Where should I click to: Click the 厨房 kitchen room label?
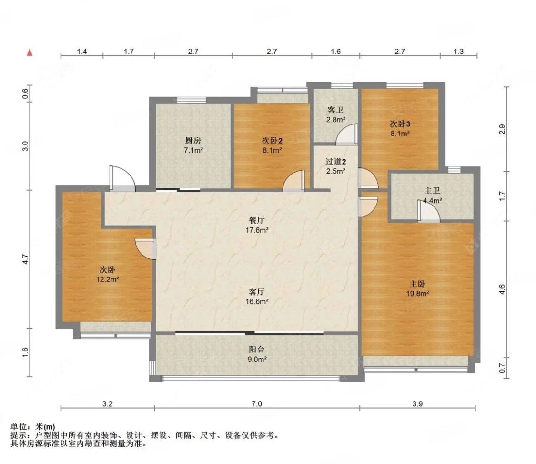(193, 140)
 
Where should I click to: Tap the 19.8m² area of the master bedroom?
(417, 293)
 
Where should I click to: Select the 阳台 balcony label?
(257, 350)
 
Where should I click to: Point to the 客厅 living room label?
(257, 292)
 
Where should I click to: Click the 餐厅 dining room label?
(257, 220)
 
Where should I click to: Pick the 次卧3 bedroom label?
(400, 124)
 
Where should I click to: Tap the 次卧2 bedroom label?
(272, 140)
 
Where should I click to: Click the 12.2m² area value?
(107, 279)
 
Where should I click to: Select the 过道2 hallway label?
(336, 161)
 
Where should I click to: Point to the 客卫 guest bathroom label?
(335, 110)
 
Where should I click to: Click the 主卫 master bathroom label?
(432, 191)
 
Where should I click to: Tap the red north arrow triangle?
(30, 52)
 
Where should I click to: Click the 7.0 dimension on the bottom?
(257, 404)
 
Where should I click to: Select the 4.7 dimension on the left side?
(25, 258)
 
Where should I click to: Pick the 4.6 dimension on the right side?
(502, 289)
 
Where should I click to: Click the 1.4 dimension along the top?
(81, 52)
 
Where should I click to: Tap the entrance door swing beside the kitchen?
(122, 178)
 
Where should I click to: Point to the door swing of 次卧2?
(293, 181)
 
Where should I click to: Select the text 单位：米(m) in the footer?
(32, 427)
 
